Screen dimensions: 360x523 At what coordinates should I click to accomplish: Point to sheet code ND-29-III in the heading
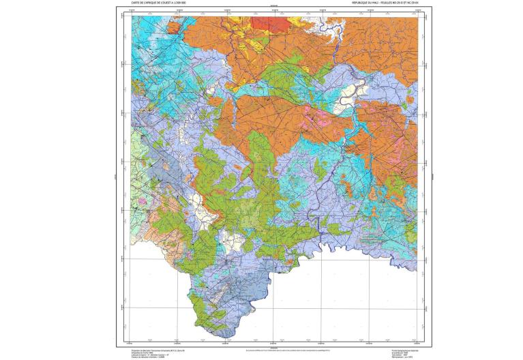tap(392, 3)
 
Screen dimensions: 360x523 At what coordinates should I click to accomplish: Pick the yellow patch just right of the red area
tap(297, 23)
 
